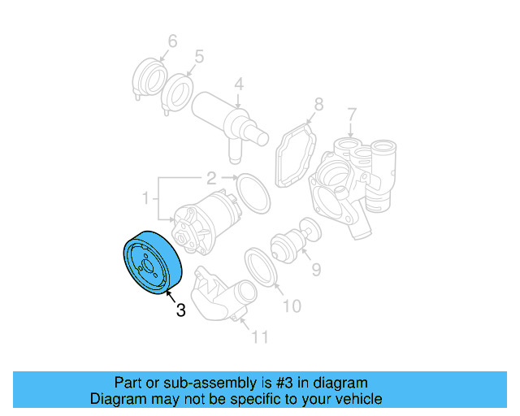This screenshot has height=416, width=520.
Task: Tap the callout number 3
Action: [x=180, y=310]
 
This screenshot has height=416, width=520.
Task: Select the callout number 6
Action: [x=172, y=41]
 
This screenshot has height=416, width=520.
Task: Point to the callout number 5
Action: [x=198, y=57]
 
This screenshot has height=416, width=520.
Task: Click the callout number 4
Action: [x=239, y=84]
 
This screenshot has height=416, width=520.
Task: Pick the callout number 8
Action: [x=318, y=104]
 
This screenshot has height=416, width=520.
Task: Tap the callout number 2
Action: [x=210, y=178]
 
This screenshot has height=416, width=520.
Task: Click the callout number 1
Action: [x=146, y=197]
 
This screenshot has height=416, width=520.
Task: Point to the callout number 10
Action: [x=291, y=305]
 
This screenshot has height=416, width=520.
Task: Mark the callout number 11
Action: [x=259, y=336]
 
